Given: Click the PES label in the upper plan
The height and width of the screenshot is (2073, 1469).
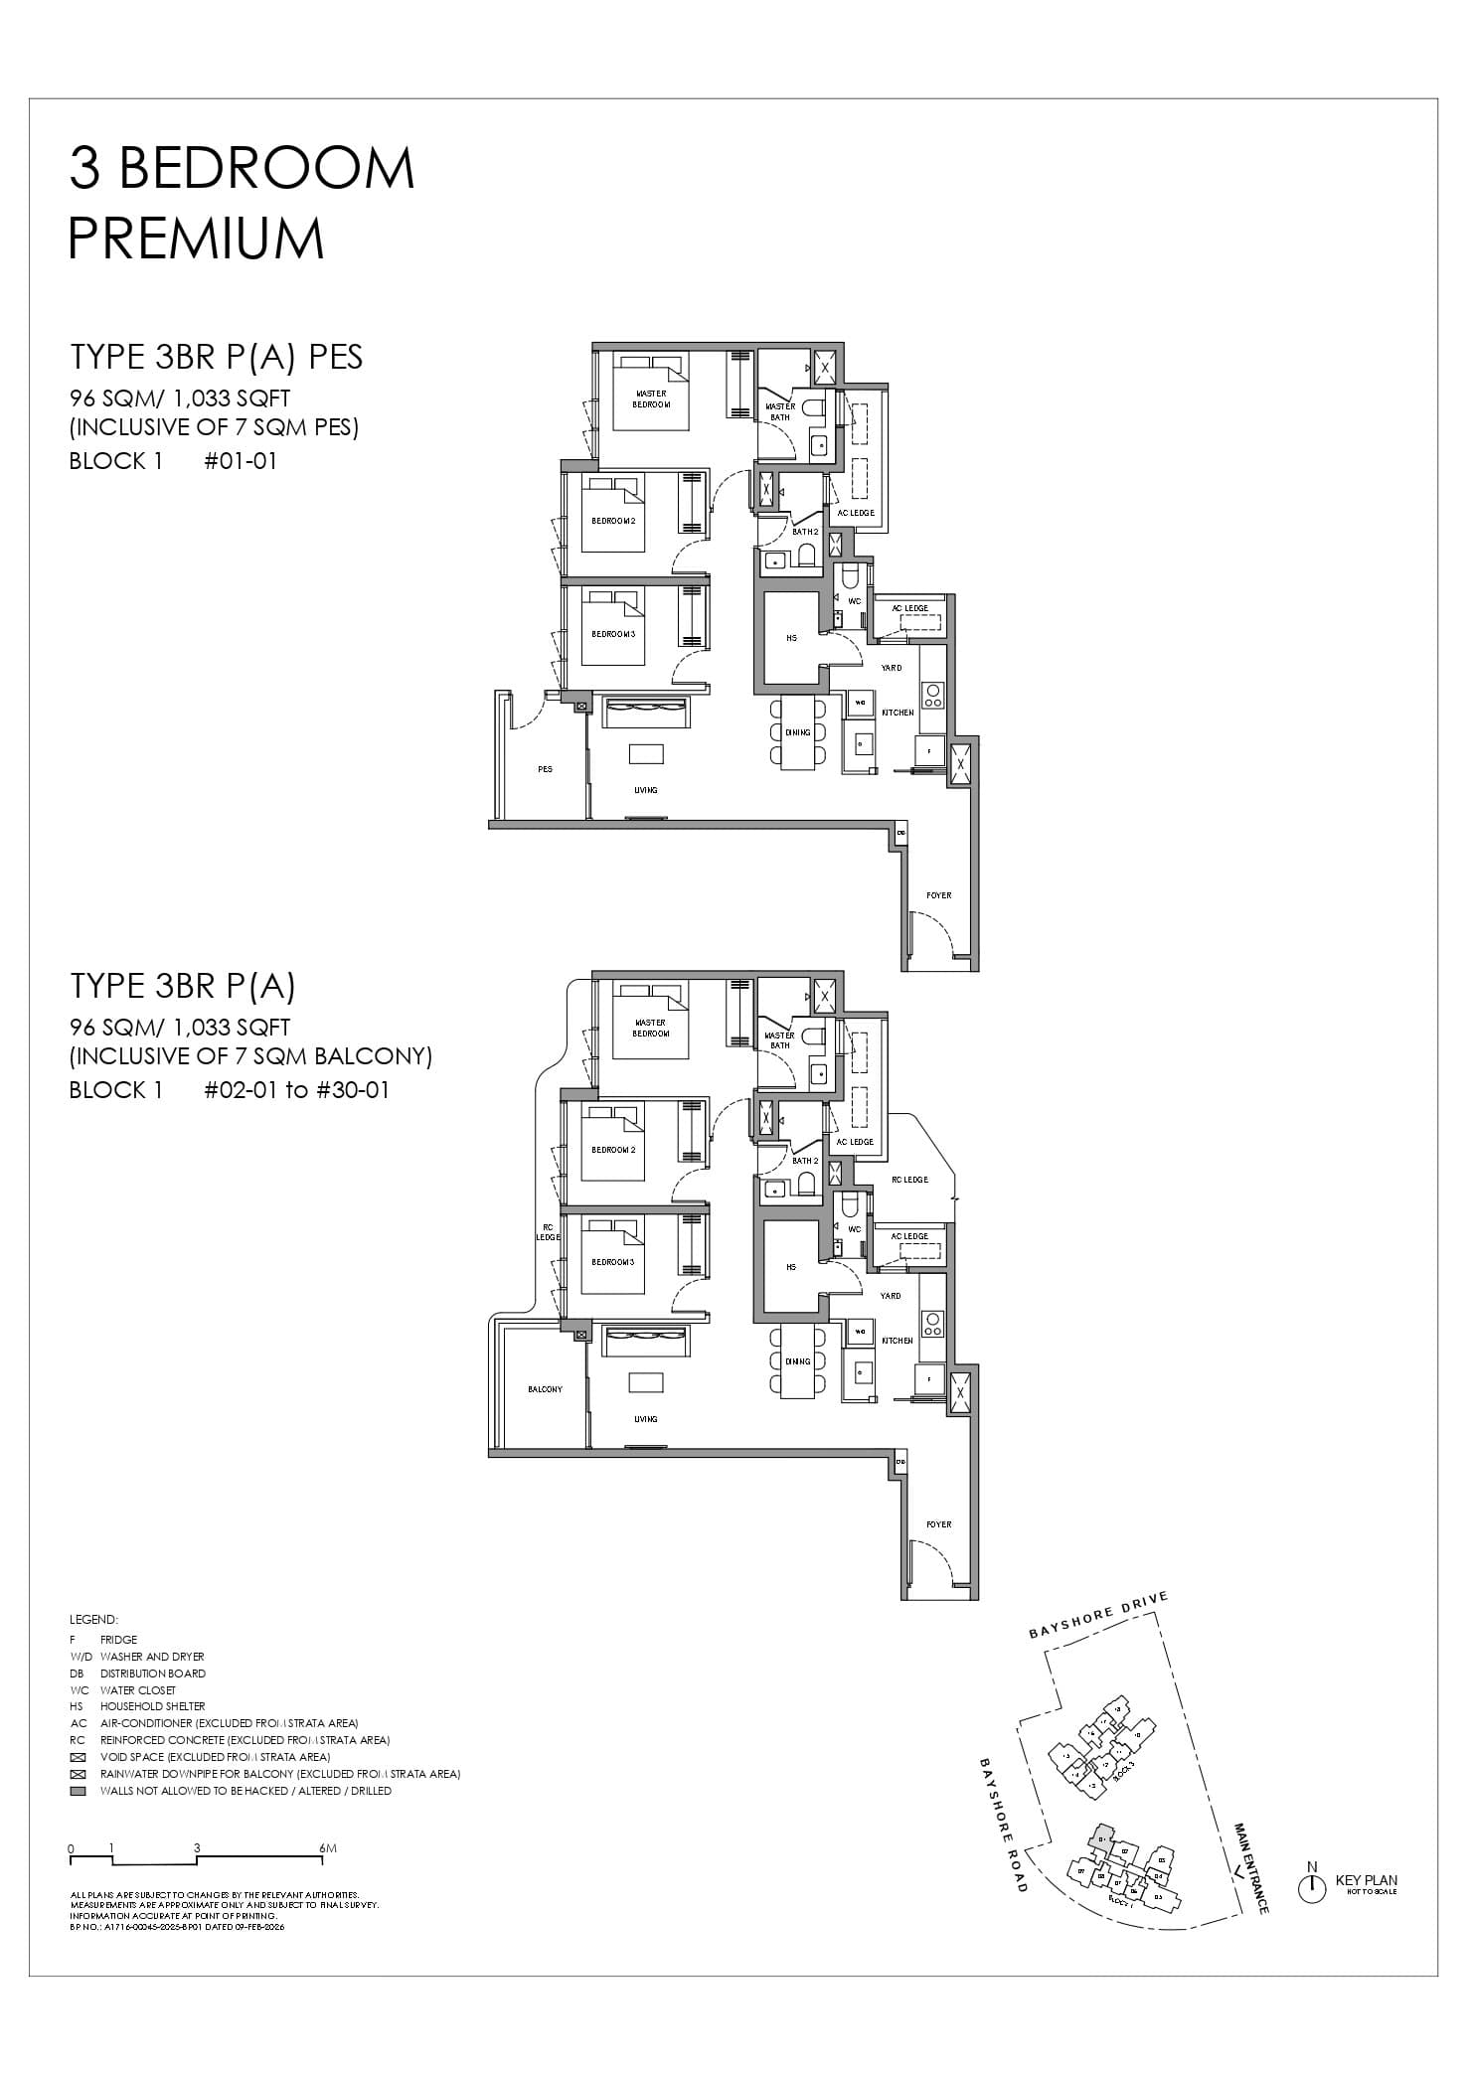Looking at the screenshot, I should [545, 769].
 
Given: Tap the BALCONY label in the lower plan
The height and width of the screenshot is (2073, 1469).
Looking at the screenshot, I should [545, 1389].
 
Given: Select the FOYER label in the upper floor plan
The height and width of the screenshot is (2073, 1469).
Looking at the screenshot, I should [938, 895].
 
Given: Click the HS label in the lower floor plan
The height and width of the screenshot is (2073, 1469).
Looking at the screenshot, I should [791, 1267].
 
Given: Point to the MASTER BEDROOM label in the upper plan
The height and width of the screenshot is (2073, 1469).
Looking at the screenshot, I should [651, 399].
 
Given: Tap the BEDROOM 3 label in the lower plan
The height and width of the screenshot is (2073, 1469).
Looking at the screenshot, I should [613, 1262].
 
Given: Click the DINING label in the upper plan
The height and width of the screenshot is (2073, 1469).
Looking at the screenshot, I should [798, 732].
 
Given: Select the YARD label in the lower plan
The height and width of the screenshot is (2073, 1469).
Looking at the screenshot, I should [891, 1296].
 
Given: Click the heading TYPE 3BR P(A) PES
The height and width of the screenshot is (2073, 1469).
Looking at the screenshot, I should [216, 357].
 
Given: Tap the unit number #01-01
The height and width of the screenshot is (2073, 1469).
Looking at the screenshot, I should [241, 461].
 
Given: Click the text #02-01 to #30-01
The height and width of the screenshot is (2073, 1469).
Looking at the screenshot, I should [296, 1090].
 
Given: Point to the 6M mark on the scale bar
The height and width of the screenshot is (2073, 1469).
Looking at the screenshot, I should [328, 1849].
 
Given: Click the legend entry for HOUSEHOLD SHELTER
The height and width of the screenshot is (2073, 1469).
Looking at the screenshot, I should [152, 1706].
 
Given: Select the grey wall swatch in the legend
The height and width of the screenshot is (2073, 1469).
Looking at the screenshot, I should [79, 1791].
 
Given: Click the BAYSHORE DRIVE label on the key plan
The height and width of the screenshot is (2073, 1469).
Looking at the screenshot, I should [1098, 1615].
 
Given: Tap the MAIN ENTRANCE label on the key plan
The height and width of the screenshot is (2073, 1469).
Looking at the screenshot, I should [1250, 1867].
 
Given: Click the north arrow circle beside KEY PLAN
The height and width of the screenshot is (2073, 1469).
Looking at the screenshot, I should [1312, 1888].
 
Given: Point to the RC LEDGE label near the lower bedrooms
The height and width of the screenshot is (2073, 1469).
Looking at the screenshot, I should [548, 1232].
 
